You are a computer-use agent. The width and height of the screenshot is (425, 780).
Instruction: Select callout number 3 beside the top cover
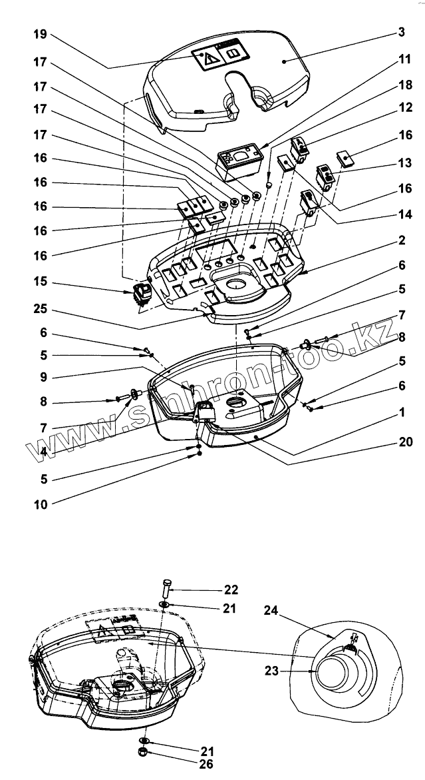[401, 32]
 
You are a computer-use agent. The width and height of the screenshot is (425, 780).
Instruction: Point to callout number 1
[401, 413]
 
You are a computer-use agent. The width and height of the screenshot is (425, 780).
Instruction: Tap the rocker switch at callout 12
[300, 150]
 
